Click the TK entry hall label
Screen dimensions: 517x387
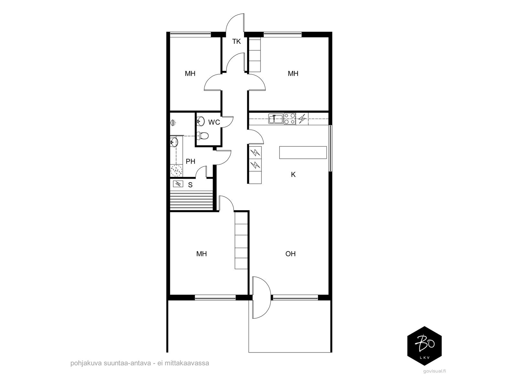coord(237,41)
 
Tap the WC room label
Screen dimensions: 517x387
coord(214,122)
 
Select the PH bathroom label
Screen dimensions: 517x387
coord(191,162)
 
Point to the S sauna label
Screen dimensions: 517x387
coord(190,185)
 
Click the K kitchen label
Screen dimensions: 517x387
coord(293,174)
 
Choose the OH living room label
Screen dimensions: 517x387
coord(290,254)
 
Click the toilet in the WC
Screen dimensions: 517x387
coord(203,135)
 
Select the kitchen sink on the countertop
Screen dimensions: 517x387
coord(276,119)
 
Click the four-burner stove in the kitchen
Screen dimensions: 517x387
coord(290,119)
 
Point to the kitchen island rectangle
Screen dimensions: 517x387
coord(303,153)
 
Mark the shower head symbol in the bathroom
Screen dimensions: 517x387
coord(173,123)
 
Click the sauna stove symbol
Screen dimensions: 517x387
coord(178,184)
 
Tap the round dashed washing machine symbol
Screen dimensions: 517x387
coord(176,171)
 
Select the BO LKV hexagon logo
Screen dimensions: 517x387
coord(425,346)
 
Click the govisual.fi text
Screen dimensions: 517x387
coord(435,371)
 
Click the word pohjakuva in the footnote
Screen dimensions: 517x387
coord(86,363)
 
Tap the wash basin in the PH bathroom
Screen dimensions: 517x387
coord(174,142)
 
